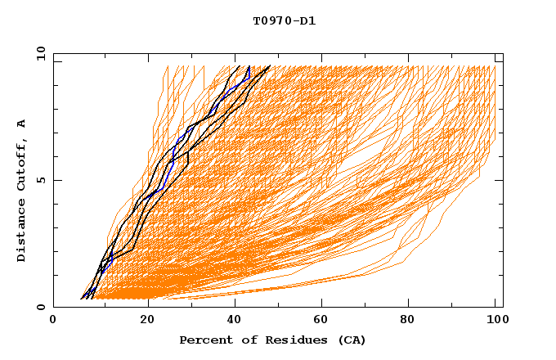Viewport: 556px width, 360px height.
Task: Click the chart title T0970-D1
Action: (x=284, y=21)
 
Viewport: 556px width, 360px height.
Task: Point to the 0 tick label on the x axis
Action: (x=53, y=320)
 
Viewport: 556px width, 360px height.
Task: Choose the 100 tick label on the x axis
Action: (x=495, y=320)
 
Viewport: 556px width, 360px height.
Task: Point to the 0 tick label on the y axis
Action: (x=40, y=307)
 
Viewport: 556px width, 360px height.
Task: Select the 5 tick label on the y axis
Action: (x=40, y=180)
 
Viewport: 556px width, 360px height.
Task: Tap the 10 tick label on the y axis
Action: (x=40, y=53)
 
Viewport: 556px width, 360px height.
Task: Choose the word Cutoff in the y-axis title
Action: (x=21, y=165)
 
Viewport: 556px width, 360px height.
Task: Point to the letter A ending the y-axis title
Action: (x=21, y=123)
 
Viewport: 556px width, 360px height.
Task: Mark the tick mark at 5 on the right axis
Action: (x=499, y=180)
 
